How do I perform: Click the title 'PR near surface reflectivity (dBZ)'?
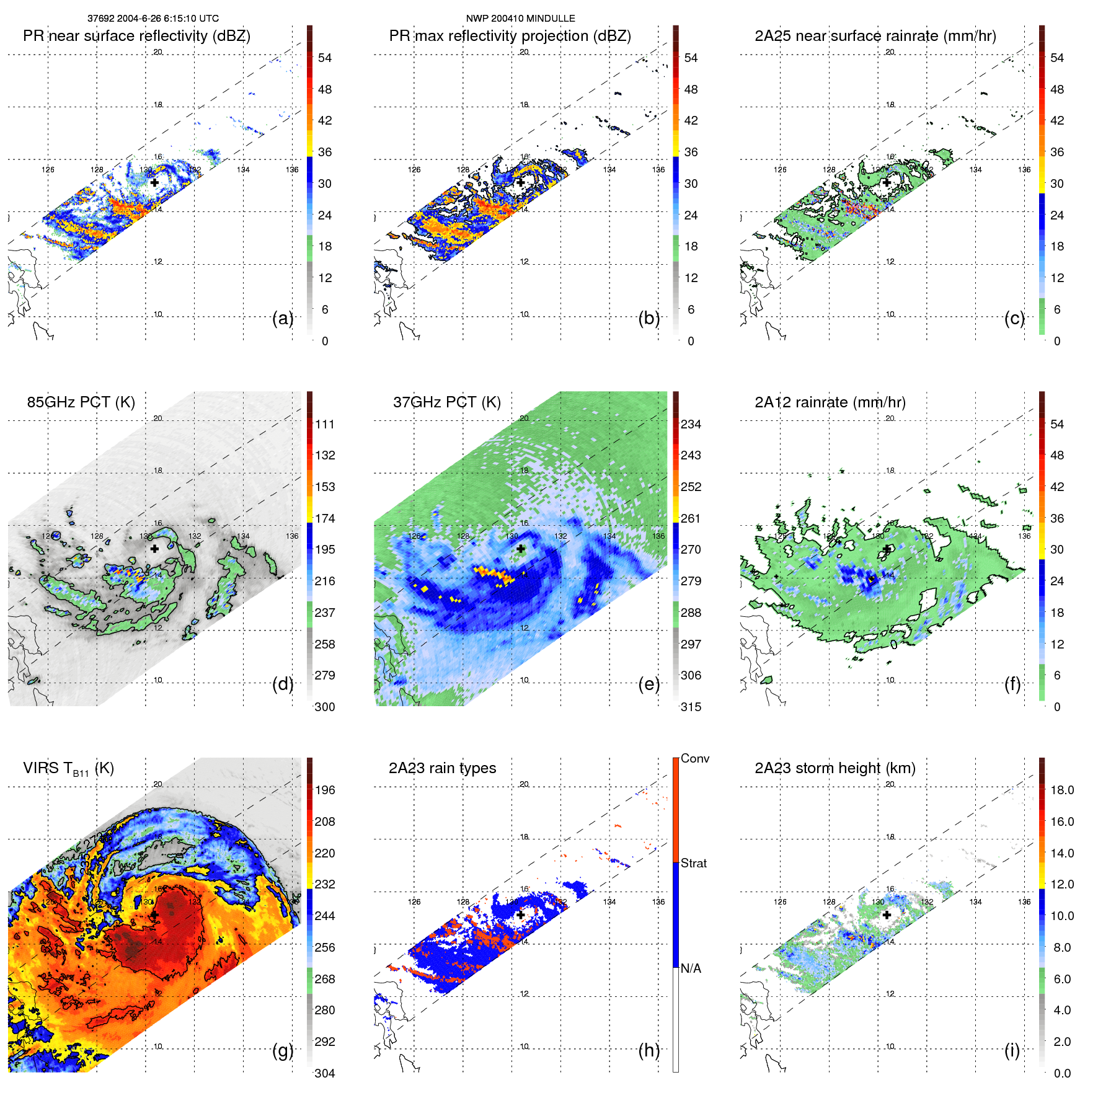click(x=136, y=36)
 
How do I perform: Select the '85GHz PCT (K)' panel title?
click(x=81, y=402)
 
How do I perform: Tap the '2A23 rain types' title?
click(x=442, y=768)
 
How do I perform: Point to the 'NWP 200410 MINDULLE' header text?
click(x=520, y=19)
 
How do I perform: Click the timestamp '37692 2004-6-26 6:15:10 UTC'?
click(x=153, y=19)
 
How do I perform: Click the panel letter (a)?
click(x=283, y=319)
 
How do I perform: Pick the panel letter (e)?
click(x=649, y=684)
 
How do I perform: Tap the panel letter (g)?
click(x=283, y=1050)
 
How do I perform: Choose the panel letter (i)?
click(x=1012, y=1050)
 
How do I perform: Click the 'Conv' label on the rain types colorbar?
click(x=695, y=759)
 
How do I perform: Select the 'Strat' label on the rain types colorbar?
click(x=694, y=864)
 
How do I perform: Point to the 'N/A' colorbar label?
click(x=691, y=968)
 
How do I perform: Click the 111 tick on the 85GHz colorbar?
click(x=325, y=425)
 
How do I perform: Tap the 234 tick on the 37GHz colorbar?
click(x=691, y=425)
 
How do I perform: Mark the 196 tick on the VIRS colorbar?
click(x=325, y=790)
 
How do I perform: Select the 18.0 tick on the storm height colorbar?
click(x=1061, y=790)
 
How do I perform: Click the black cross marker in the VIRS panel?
click(x=154, y=915)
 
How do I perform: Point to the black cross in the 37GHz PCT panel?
click(x=521, y=549)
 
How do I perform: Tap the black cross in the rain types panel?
click(x=521, y=915)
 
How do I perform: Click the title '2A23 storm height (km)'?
click(x=835, y=768)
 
